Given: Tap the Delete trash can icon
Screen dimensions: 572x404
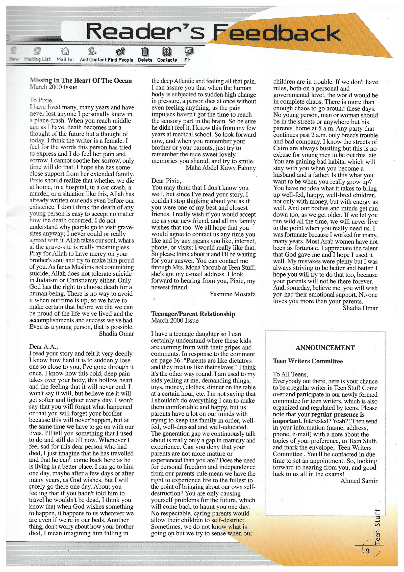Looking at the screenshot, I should coord(145,52).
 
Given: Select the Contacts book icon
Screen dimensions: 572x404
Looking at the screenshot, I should coord(167,52).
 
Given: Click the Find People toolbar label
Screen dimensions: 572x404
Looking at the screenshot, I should coord(120,60).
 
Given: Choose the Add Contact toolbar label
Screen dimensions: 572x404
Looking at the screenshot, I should coord(93,60).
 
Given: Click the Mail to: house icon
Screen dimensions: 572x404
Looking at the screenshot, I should coord(65,51).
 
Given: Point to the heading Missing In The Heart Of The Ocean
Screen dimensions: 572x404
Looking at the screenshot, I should coord(81,81).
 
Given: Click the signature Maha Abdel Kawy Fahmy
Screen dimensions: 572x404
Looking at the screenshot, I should coord(221,168).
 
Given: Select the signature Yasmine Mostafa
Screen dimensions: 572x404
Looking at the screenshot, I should coord(232,294).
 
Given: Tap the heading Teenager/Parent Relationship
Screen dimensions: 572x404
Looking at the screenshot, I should coord(193,314).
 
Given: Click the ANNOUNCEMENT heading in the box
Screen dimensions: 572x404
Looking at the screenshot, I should coord(325,348).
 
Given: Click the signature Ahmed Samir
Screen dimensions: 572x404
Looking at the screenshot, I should coord(359,481).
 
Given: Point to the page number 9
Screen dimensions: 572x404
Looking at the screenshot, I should coord(367,551).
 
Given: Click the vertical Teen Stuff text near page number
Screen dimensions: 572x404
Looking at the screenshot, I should coord(377,523).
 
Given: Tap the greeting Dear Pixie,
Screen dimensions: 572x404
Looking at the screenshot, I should coord(166,181).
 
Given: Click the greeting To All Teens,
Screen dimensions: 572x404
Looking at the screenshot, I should coord(290,374).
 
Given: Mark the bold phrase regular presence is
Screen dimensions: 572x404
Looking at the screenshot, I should coord(338,414).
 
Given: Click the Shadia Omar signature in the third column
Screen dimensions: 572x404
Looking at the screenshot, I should coord(360,308).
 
